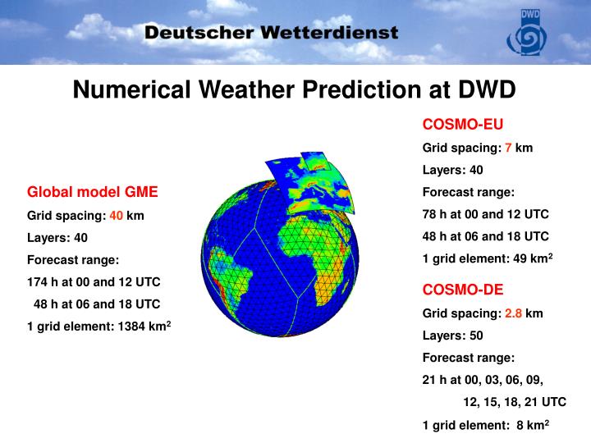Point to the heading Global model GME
coord(93,192)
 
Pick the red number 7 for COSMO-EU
coord(508,148)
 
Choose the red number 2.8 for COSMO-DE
coord(514,313)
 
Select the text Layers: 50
coord(453,336)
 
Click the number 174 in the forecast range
coord(38,281)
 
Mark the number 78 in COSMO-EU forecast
coord(430,214)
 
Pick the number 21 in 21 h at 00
coord(429,380)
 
